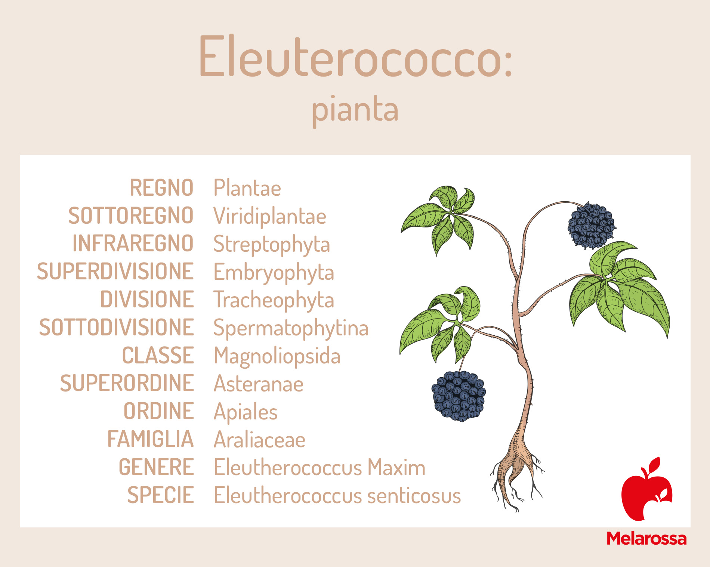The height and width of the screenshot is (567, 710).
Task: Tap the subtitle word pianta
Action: [x=355, y=110]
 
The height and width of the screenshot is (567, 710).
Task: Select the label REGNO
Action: [x=161, y=188]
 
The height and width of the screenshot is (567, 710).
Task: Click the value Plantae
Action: [x=247, y=188]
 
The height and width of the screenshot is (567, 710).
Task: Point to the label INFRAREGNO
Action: [x=133, y=244]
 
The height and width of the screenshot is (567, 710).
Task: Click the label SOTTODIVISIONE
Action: [x=116, y=327]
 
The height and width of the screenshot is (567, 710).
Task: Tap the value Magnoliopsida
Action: [x=277, y=356]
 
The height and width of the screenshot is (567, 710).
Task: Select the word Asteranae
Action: [x=259, y=384]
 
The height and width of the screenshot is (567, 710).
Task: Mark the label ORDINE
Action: [x=159, y=411]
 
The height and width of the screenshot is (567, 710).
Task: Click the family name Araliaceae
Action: [x=260, y=440]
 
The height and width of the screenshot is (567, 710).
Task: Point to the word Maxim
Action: [x=396, y=468]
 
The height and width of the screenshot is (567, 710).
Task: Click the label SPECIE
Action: [x=161, y=495]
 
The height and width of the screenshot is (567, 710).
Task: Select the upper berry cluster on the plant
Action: [x=592, y=226]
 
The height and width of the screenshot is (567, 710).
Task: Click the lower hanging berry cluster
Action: [x=459, y=396]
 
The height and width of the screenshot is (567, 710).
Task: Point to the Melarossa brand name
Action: [x=646, y=539]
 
